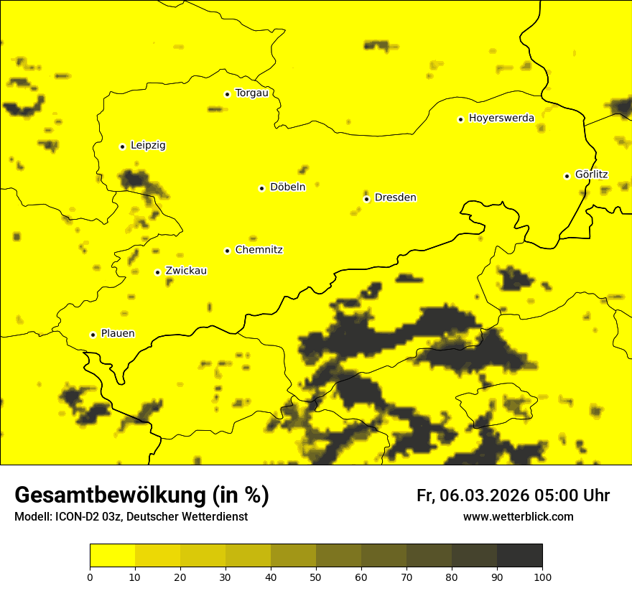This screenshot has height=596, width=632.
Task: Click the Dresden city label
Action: [395, 197]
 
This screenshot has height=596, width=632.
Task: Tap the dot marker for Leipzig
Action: [122, 146]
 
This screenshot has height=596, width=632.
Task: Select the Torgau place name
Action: [251, 93]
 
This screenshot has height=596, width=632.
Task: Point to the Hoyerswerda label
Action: [501, 118]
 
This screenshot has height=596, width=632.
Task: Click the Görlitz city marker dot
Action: [567, 176]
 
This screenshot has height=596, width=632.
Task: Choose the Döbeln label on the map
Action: [287, 187]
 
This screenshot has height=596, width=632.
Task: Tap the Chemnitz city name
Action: [259, 250]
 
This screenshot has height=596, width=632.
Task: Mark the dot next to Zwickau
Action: [157, 272]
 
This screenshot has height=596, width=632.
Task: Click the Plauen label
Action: [118, 334]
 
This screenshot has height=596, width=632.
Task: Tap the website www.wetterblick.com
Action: [518, 517]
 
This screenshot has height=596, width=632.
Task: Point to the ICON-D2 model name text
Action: [75, 517]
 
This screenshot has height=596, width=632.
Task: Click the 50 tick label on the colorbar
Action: [316, 576]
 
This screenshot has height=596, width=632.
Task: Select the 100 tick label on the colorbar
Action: [542, 576]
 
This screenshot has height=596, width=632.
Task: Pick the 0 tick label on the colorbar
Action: [90, 576]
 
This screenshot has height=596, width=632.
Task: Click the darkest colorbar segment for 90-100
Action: [519, 555]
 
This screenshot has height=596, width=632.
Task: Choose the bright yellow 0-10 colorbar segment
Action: [112, 555]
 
